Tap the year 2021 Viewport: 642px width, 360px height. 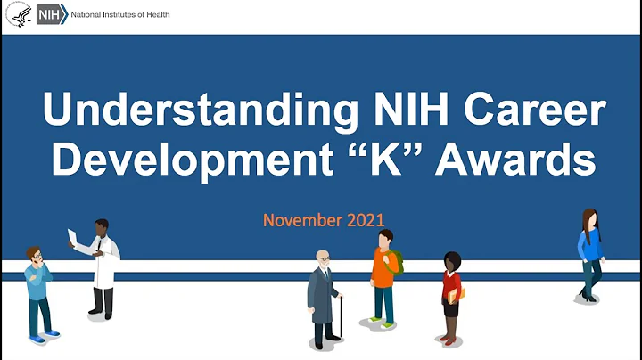365,219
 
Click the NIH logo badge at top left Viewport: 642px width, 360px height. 49,15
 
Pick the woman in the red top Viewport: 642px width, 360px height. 452,294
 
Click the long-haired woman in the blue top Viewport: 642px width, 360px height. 589,254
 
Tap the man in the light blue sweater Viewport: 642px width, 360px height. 37,290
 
